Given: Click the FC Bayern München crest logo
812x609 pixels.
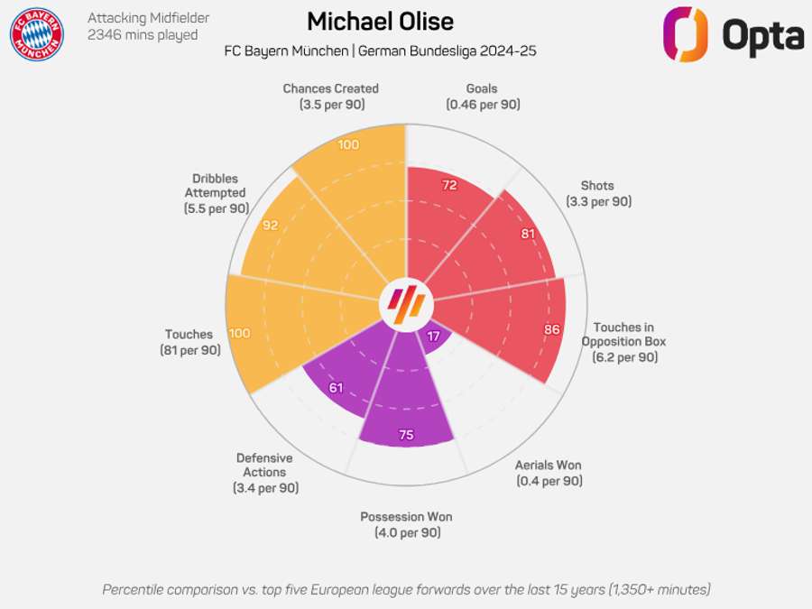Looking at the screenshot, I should pyautogui.click(x=37, y=34).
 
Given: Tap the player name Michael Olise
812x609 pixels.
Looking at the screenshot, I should pyautogui.click(x=380, y=22).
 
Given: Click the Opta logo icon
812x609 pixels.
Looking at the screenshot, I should pyautogui.click(x=685, y=34).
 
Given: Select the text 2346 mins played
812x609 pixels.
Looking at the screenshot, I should pyautogui.click(x=142, y=35).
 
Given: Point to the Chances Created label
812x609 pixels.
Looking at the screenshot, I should pyautogui.click(x=330, y=97).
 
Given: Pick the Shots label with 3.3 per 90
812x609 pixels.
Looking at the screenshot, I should pyautogui.click(x=599, y=194).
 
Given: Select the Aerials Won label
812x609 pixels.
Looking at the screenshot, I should pyautogui.click(x=549, y=473).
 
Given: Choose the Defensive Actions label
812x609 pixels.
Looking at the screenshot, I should pyautogui.click(x=264, y=473).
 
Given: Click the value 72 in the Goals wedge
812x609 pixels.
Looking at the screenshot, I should pyautogui.click(x=449, y=186).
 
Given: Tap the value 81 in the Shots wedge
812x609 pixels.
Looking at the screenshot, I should pyautogui.click(x=528, y=235).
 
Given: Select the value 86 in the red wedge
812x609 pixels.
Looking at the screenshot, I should pyautogui.click(x=551, y=329).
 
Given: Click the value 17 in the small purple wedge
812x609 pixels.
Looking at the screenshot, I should pyautogui.click(x=434, y=337).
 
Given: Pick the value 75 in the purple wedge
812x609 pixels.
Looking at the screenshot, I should pyautogui.click(x=406, y=435).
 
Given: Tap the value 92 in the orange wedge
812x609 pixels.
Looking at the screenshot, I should pyautogui.click(x=270, y=226).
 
